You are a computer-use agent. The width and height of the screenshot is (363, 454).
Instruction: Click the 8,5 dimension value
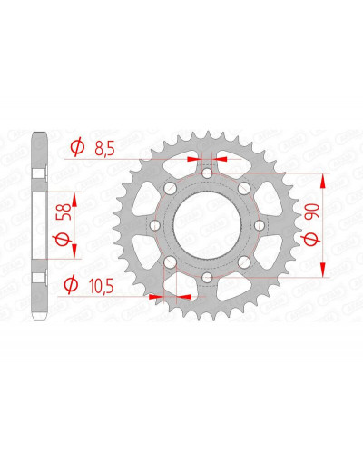(104, 149)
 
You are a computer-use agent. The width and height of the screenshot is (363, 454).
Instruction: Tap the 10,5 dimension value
(102, 286)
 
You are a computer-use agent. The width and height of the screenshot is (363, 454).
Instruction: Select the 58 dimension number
(65, 212)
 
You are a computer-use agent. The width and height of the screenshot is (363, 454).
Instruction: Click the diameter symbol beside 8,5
(77, 147)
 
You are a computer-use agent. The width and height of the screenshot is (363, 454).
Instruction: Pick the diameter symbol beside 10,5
(71, 285)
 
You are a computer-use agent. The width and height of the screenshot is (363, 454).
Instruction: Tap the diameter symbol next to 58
(63, 240)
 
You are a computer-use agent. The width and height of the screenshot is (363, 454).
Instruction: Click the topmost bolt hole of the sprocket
(207, 173)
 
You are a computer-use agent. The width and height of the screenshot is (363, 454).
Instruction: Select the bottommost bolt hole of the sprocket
(207, 277)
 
